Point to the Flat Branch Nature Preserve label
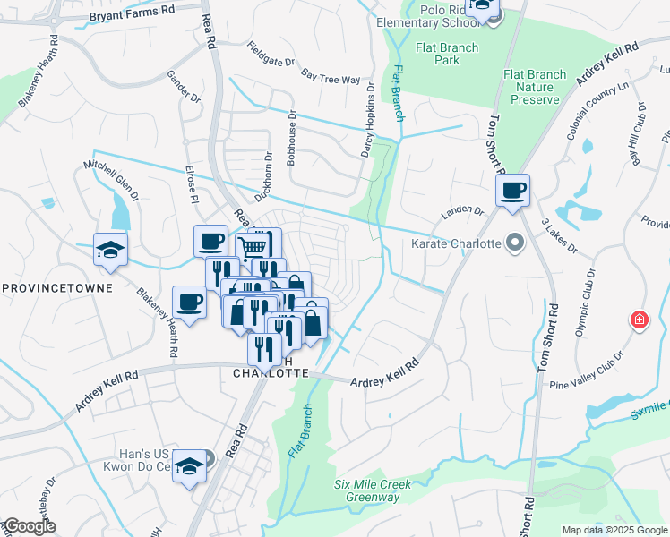click(x=535, y=87)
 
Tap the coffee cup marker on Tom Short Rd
click(x=513, y=191)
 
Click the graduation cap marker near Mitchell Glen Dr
click(x=110, y=250)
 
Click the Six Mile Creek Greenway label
click(x=372, y=490)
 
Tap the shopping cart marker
click(x=255, y=246)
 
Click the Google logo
click(x=29, y=526)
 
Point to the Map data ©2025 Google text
click(x=614, y=530)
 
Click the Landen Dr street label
click(x=461, y=213)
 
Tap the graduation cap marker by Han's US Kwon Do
click(x=189, y=465)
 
